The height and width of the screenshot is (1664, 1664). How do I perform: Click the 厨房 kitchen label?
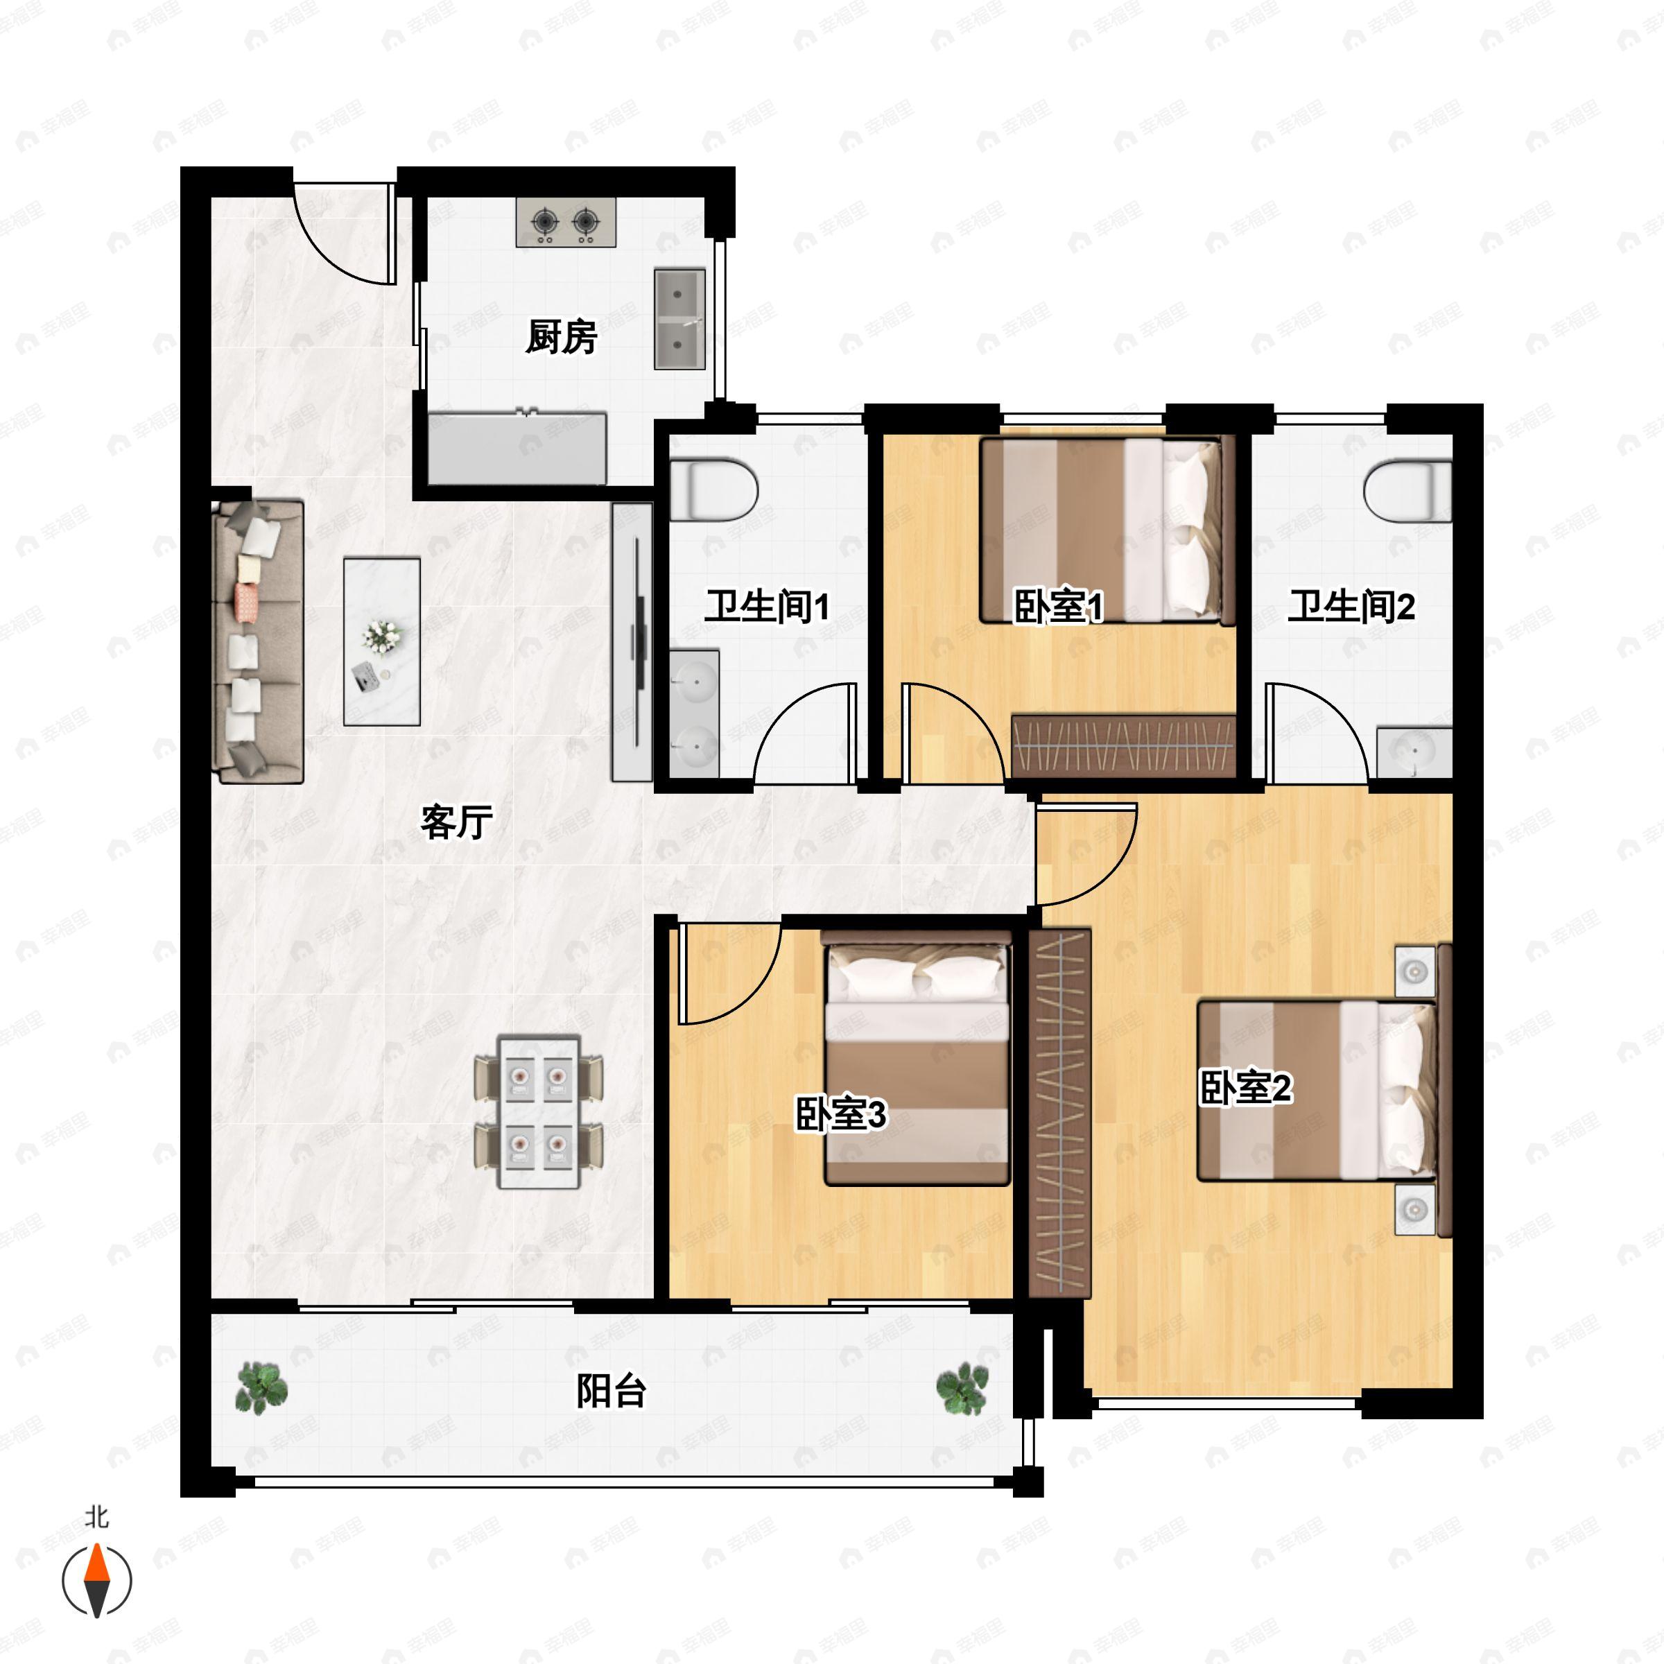561,337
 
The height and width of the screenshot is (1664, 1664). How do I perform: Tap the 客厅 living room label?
456,822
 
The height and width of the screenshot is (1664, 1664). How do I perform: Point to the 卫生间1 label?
768,607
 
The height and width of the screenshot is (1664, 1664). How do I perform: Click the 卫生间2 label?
1351,607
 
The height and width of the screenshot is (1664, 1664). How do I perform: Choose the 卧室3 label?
840,1113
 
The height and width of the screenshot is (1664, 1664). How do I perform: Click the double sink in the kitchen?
679,320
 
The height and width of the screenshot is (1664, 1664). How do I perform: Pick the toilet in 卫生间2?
1407,490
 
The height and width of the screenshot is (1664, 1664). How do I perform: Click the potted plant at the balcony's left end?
261,1387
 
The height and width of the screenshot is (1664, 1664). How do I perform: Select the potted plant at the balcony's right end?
962,1387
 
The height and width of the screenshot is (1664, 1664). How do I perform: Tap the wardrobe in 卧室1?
1124,745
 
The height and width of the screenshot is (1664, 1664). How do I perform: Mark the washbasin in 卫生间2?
1414,753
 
